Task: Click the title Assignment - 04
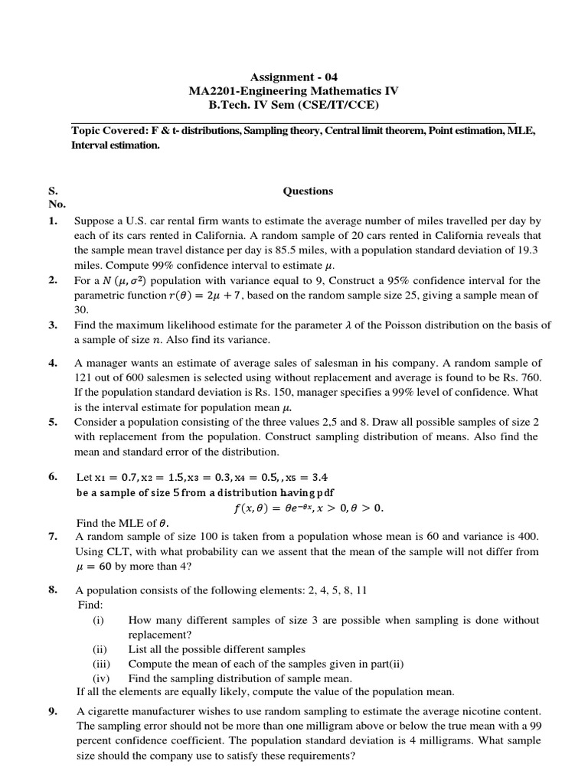tap(293, 77)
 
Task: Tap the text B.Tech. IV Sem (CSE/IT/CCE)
tap(293, 105)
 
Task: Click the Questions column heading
tap(308, 191)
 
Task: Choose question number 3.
tap(53, 325)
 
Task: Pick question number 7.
tap(53, 537)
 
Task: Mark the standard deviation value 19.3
tap(528, 250)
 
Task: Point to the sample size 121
tap(83, 377)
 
